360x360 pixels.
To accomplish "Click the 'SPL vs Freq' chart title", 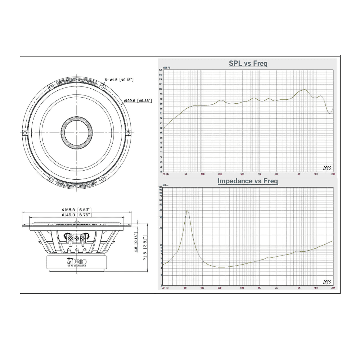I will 248,64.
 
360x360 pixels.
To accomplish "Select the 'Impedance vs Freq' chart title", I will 248,181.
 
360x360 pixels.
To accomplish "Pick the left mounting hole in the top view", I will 25,133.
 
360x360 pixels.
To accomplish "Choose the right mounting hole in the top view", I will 127,133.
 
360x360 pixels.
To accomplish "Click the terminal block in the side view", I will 76,238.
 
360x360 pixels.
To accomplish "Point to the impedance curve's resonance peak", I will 187,211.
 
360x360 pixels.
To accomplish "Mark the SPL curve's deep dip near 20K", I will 329,113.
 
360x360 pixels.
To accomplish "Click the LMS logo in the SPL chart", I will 327,167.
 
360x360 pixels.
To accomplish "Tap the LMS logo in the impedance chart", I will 327,281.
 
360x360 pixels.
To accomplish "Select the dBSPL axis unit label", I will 166,68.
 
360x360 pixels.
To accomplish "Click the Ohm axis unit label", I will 166,185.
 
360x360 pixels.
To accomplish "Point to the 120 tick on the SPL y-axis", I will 161,70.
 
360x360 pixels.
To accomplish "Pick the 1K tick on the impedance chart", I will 259,288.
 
